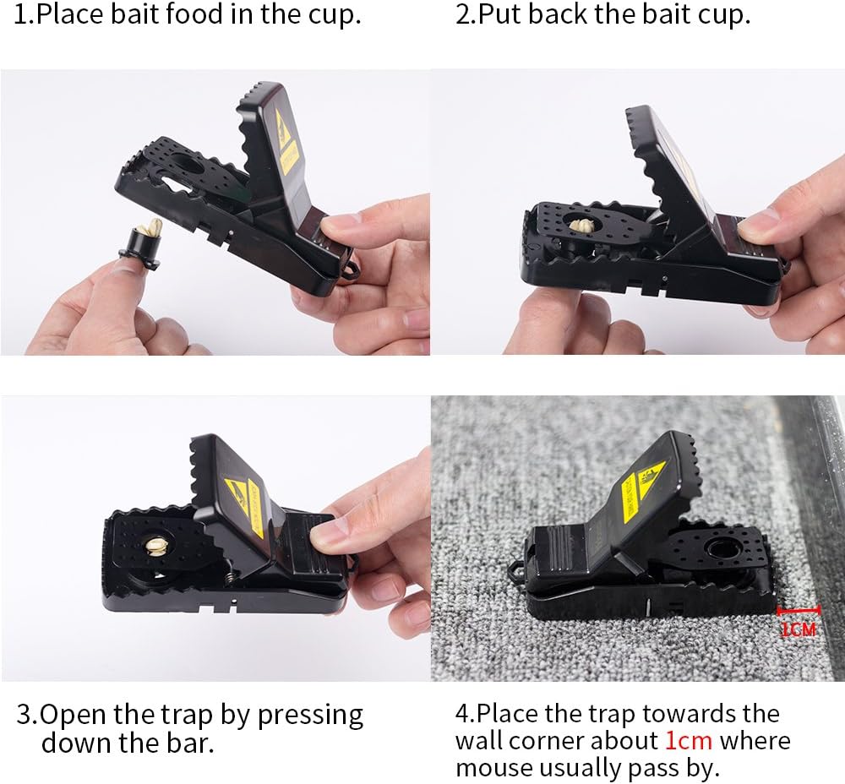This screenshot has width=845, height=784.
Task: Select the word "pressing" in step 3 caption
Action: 310,715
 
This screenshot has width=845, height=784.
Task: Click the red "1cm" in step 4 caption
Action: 688,741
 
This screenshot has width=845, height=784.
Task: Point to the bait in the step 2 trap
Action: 581,226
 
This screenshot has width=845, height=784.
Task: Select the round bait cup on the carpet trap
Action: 721,552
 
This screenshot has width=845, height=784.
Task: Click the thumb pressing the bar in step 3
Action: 331,534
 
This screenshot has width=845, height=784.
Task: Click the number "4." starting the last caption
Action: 465,714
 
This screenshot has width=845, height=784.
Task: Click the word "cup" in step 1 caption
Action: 333,15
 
